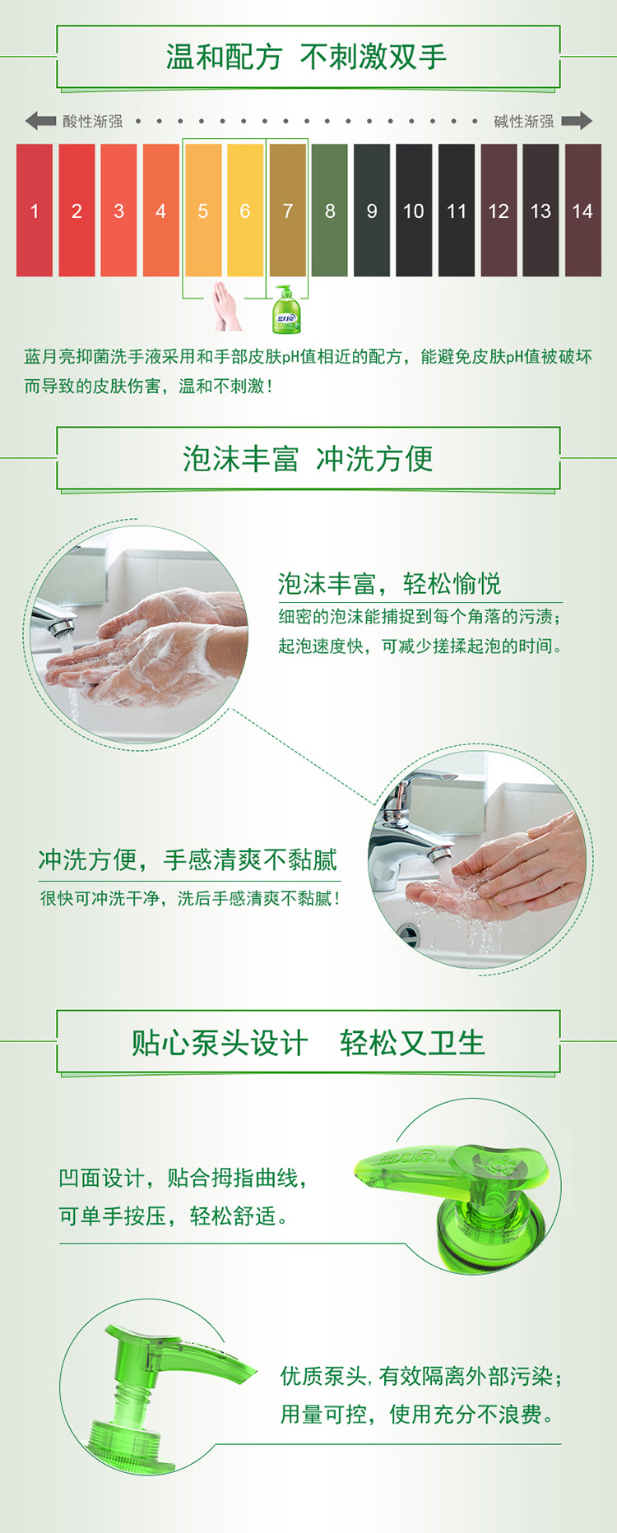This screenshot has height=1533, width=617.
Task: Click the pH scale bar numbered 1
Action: coord(35,211)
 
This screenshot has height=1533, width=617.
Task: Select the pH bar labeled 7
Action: coord(287,211)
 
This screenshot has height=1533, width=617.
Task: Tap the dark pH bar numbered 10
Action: coord(414,211)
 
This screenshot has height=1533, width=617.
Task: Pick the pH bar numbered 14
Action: coord(582,211)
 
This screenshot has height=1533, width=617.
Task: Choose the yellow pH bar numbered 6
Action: coord(245,211)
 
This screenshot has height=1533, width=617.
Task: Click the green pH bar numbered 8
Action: coord(330,211)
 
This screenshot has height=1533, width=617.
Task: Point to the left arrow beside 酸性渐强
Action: coord(40,121)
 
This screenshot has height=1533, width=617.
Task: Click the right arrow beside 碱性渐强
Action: coord(577,121)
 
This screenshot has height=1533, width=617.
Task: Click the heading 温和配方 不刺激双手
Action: coord(307,57)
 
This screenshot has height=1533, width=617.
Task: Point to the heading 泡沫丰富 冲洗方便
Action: coord(308,459)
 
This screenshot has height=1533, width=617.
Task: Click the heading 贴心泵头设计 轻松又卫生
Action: coord(308,1043)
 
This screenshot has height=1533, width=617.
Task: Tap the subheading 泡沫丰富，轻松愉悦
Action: coord(389,584)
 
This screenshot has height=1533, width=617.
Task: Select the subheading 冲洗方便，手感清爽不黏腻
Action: coord(188,860)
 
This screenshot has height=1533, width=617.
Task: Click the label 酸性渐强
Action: coord(93,122)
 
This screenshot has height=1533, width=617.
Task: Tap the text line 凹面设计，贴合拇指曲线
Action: coord(183,1178)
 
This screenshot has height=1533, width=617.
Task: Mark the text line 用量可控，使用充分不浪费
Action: coord(417,1415)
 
